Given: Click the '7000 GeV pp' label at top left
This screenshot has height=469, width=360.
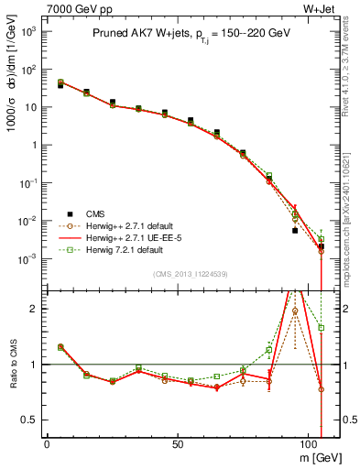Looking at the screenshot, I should pyautogui.click(x=74, y=8).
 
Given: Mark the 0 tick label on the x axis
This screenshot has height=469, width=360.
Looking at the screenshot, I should pyautogui.click(x=47, y=442).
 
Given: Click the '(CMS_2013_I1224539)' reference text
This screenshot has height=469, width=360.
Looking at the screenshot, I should pyautogui.click(x=191, y=274).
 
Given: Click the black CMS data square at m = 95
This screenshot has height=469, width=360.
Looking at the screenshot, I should pyautogui.click(x=295, y=230).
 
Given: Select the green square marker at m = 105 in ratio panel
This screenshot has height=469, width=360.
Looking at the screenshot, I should pyautogui.click(x=321, y=327).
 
